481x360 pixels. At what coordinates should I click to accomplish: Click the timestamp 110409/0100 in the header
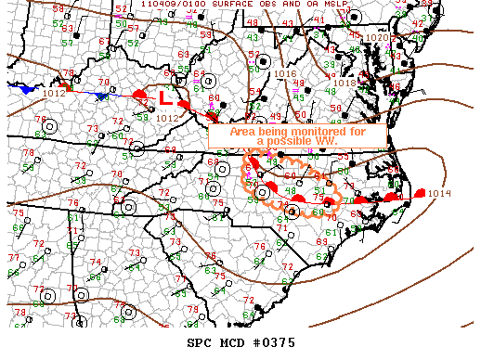(168, 5)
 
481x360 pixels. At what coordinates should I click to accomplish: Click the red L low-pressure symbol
(163, 96)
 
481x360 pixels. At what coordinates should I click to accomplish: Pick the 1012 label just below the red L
(168, 118)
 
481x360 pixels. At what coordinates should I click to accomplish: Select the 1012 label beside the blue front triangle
(54, 93)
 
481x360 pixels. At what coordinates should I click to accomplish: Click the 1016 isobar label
(285, 73)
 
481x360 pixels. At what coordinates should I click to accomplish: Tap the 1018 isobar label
(344, 83)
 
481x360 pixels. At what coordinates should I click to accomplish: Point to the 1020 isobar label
(376, 38)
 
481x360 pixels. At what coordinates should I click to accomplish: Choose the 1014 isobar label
(439, 194)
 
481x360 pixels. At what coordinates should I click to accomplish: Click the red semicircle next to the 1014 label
(419, 193)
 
